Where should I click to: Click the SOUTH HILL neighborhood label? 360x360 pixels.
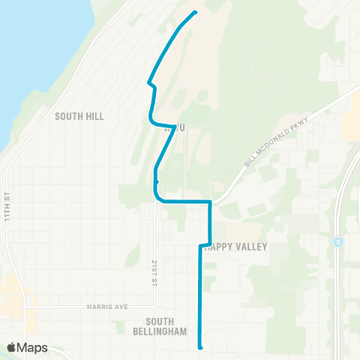79,116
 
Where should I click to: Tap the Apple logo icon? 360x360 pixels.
12,347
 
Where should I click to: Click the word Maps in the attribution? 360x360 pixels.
32,347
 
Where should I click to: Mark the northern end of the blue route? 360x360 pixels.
195,12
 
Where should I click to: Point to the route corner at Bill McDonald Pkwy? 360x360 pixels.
210,202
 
